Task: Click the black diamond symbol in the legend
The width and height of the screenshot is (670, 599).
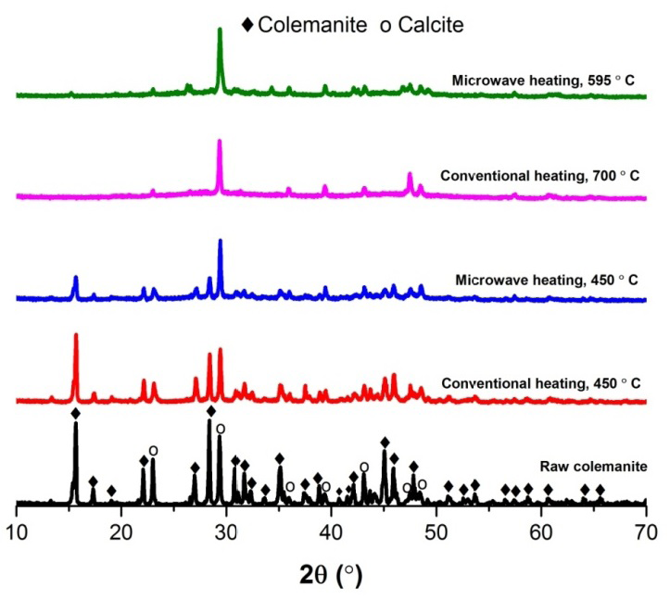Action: pyautogui.click(x=247, y=25)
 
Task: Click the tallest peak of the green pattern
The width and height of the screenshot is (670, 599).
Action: pyautogui.click(x=220, y=31)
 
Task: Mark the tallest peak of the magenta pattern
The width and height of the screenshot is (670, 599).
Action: pyautogui.click(x=220, y=142)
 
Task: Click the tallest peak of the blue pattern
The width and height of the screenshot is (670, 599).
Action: pyautogui.click(x=220, y=242)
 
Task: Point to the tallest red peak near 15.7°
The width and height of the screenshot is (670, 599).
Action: pyautogui.click(x=75, y=336)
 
